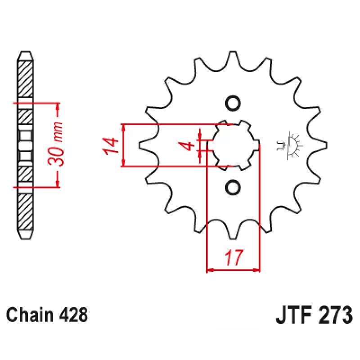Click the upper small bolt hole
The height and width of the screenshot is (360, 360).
[233, 103]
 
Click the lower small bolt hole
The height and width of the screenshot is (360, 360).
[233, 188]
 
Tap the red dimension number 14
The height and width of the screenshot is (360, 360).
[110, 146]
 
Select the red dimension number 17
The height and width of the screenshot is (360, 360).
[234, 257]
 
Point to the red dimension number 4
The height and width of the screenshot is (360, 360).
[187, 146]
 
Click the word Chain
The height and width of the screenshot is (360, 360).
[30, 315]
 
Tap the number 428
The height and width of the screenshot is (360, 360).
[73, 315]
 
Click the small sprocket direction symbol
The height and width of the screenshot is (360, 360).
[290, 145]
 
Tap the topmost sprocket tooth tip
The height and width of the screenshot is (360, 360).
[233, 52]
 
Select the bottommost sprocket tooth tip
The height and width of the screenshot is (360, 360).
[233, 239]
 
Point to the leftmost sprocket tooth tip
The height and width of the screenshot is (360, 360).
[139, 145]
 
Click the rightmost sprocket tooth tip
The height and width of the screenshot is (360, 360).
[327, 145]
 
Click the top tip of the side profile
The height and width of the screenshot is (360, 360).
[26, 52]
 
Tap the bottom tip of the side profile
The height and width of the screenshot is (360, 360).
[26, 239]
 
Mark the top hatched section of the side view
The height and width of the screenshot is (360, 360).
[25, 79]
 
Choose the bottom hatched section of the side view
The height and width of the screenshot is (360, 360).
[25, 212]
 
